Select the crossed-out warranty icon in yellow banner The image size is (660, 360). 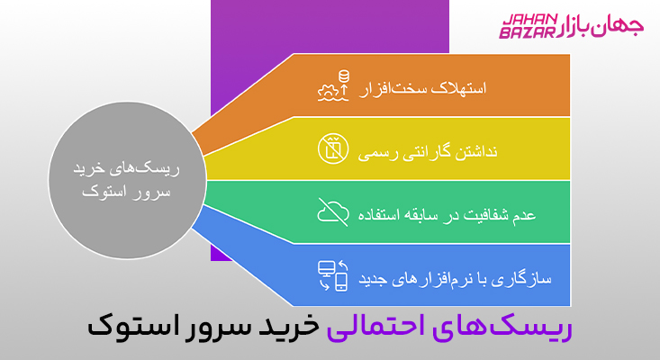pyautogui.click(x=332, y=149)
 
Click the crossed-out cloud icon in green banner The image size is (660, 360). pyautogui.click(x=332, y=212)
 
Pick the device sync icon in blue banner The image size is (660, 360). pyautogui.click(x=332, y=274)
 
